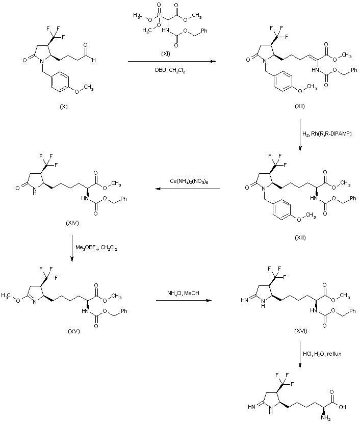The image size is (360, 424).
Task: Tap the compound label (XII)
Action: tap(300, 104)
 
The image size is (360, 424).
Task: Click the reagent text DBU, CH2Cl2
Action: tap(170, 71)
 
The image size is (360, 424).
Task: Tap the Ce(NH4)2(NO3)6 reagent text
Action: tap(187, 181)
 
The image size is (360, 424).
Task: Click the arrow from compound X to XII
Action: tap(170, 62)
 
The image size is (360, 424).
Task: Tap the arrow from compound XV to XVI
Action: tap(183, 300)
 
